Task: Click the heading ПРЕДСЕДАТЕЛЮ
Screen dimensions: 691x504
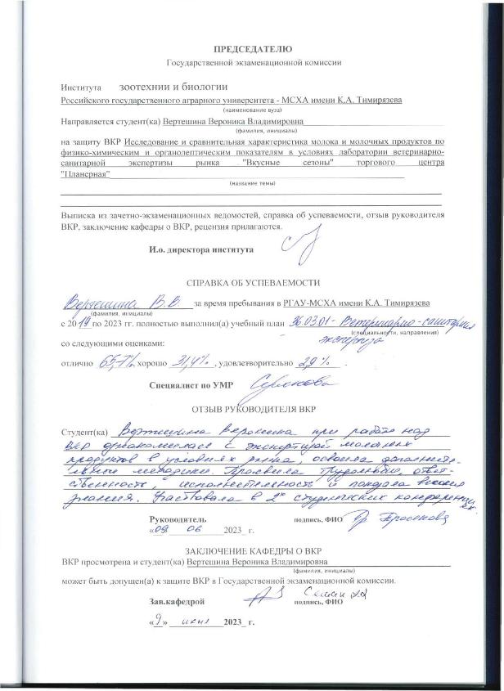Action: [x=252, y=51]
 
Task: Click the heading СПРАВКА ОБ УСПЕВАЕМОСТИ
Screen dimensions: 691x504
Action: [x=251, y=281]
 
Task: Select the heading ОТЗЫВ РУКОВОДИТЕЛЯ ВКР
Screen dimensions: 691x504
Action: [x=252, y=407]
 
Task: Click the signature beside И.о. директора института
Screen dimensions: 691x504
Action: [x=292, y=243]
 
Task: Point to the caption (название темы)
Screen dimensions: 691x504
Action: [x=251, y=184]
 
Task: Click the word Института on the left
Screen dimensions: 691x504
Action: [x=80, y=85]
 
